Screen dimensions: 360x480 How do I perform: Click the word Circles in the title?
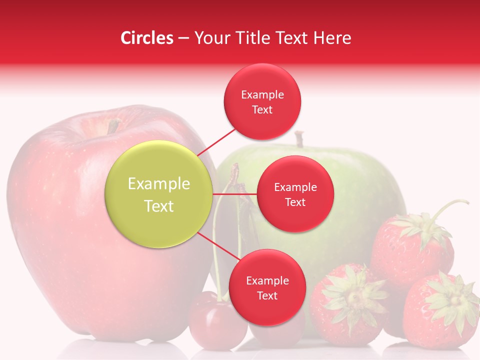click(147, 38)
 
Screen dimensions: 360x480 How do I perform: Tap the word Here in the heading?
click(332, 38)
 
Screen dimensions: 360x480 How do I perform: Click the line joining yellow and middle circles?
click(235, 194)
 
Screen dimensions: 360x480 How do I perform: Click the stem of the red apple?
click(113, 126)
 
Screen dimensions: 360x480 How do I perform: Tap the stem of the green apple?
click(299, 139)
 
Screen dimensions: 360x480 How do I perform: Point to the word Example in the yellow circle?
click(159, 184)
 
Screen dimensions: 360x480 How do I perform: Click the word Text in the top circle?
click(262, 110)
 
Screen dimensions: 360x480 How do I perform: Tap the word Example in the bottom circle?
click(267, 280)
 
